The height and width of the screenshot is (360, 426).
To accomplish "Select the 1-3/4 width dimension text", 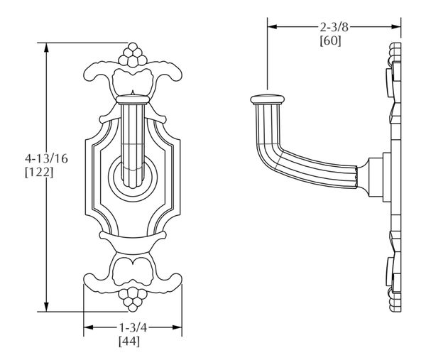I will [132, 328].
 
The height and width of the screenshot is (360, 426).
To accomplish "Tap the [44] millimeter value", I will [132, 342].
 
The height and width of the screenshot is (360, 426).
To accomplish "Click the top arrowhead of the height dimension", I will [48, 48].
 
